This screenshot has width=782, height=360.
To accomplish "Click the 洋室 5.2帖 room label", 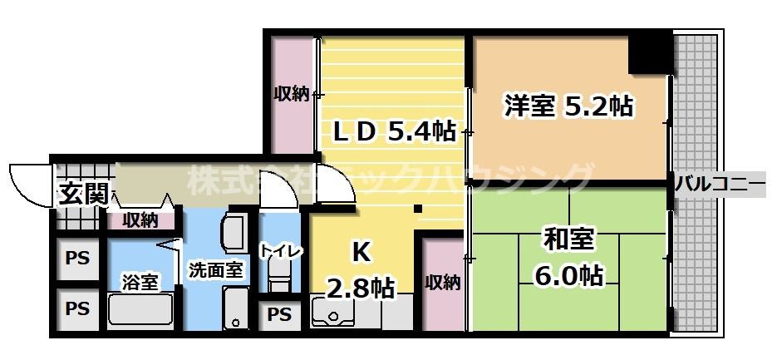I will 568,106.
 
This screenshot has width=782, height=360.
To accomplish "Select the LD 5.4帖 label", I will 394,131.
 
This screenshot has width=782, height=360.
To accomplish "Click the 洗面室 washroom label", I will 215,270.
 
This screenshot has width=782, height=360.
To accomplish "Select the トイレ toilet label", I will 281,251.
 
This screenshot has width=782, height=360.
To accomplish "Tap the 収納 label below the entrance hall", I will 140,220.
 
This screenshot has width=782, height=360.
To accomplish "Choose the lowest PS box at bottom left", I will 77,308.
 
